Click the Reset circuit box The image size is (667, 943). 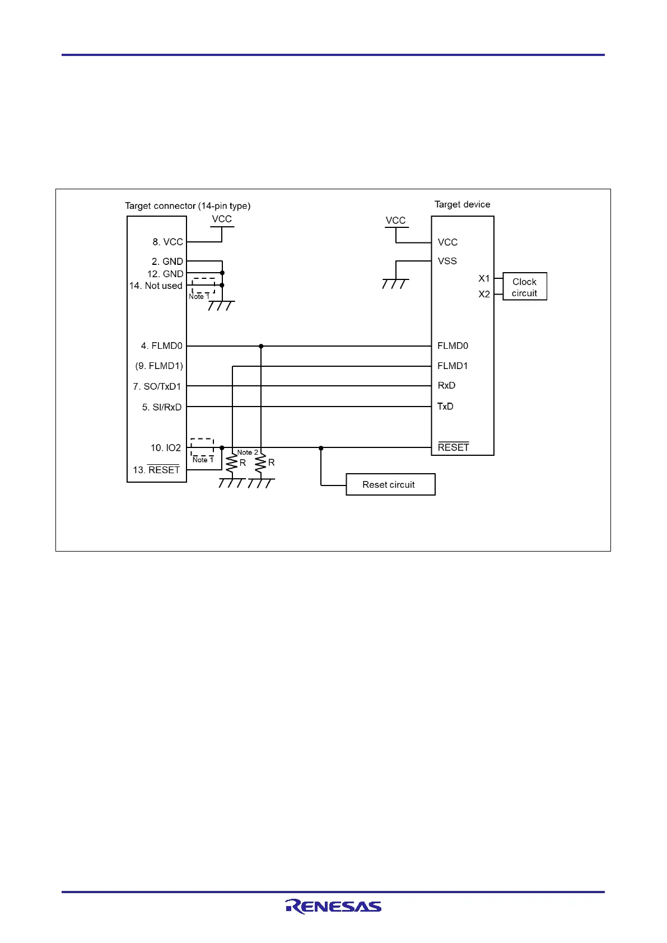pos(390,484)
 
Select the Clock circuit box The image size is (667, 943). pos(524,287)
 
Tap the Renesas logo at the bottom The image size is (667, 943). pos(333,906)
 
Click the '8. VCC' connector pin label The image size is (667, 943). pos(167,242)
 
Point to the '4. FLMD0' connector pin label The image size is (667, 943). pos(161,346)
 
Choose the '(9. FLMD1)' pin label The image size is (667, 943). pos(159,366)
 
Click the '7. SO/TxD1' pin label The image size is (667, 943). pos(157,386)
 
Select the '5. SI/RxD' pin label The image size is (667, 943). pos(161,407)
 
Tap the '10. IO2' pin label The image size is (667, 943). pos(165,448)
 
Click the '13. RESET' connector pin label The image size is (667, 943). pos(156,470)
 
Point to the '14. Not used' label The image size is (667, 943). pos(156,286)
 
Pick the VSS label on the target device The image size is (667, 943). pos(447,261)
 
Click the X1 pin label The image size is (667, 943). pos(484,278)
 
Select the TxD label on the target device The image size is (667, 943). pos(445,407)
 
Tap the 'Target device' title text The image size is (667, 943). pos(462,204)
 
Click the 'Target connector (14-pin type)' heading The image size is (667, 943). pos(188,206)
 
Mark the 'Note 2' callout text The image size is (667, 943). pos(248,452)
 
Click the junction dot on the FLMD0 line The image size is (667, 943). pos(261,346)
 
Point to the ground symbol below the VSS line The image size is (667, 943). pos(395,283)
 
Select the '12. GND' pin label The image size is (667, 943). pos(165,274)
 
